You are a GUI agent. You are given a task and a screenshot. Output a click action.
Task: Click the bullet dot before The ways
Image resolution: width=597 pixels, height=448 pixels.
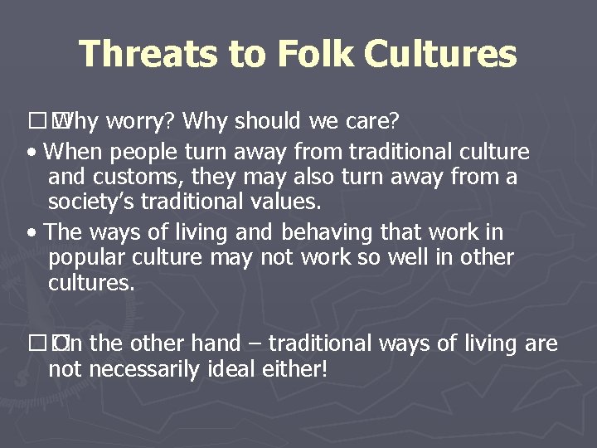coord(31,233)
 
